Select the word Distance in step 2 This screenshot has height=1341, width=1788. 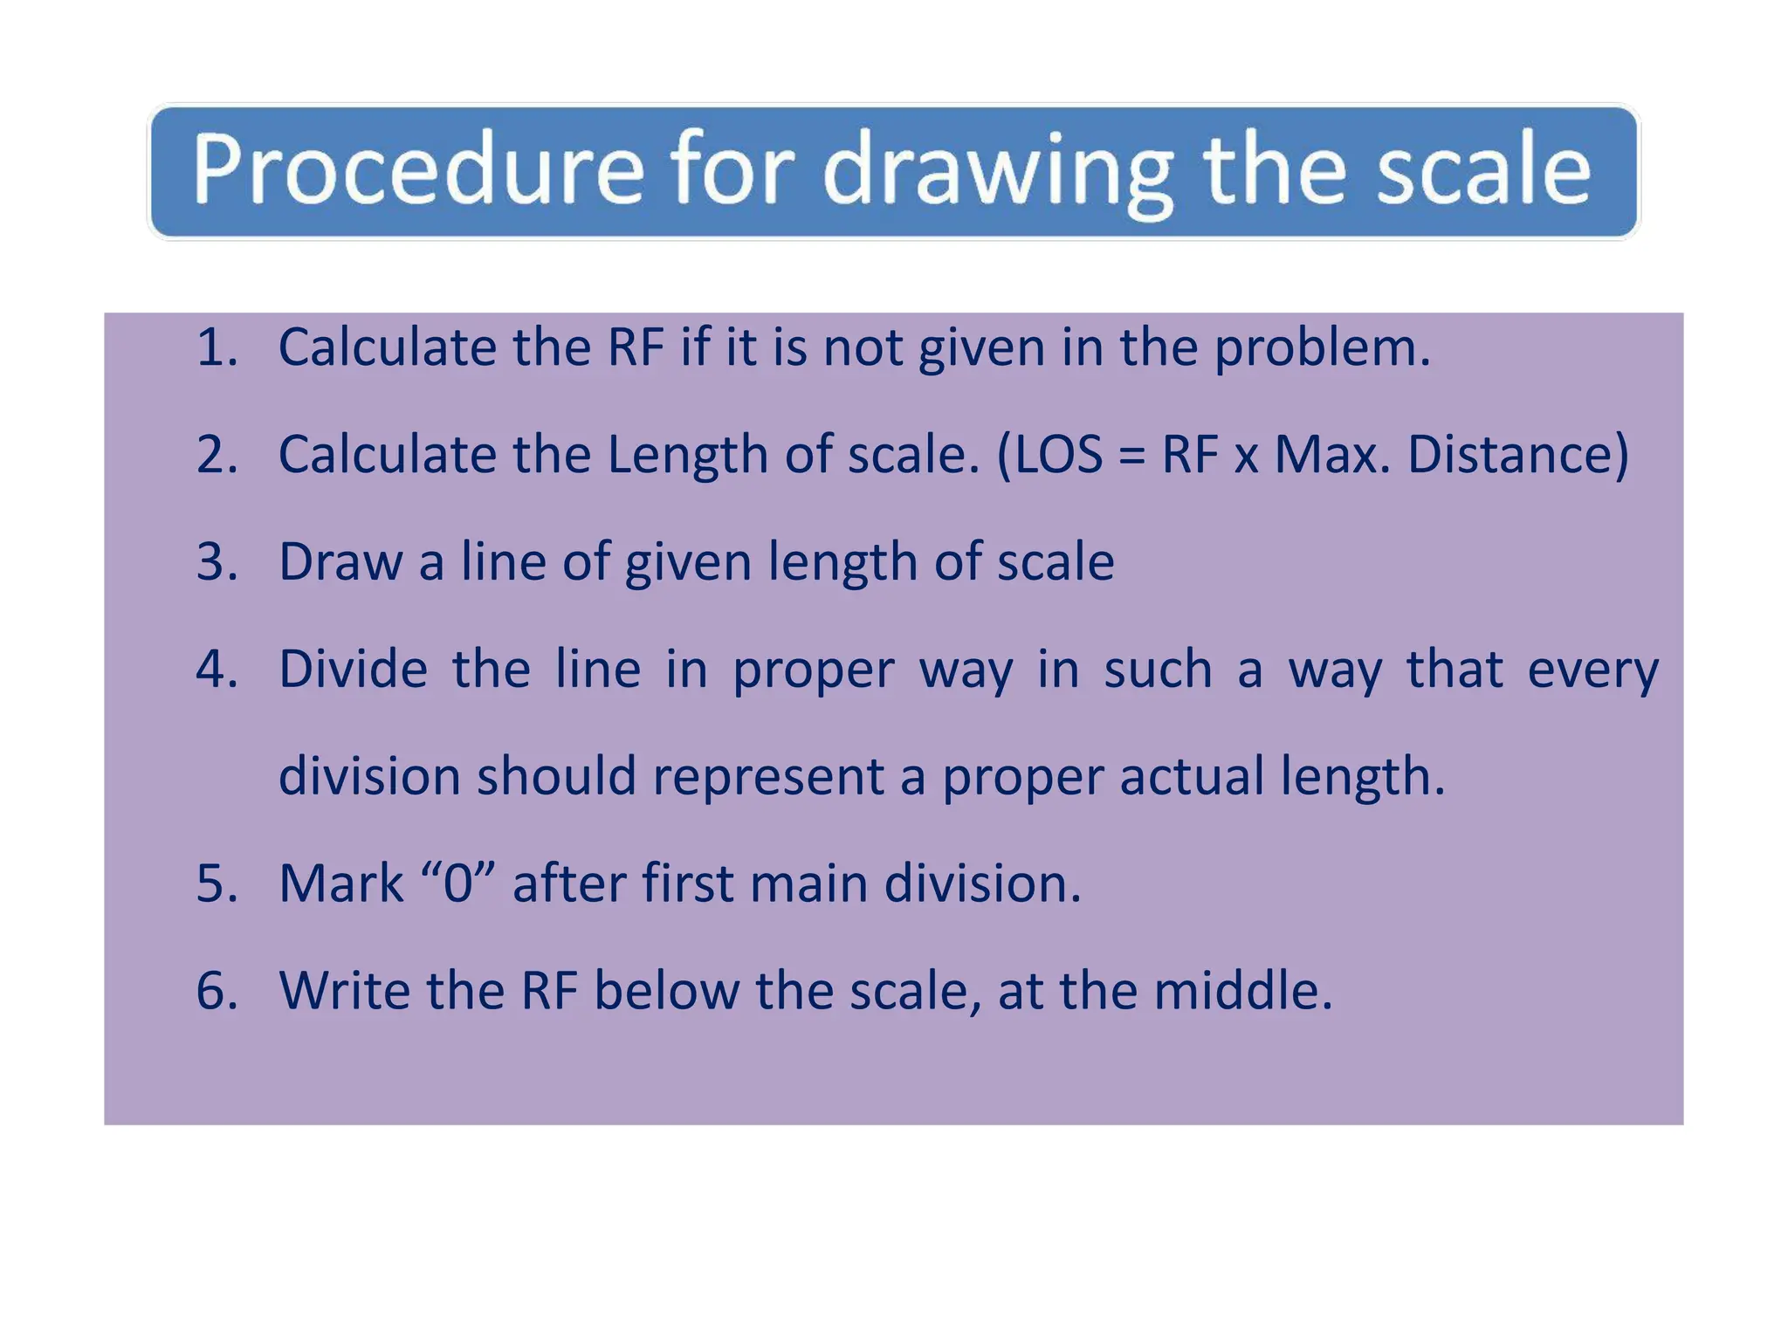(1516, 455)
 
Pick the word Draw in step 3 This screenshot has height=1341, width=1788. (340, 561)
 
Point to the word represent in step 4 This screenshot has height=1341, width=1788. (768, 777)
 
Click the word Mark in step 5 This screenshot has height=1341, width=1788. (341, 884)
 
